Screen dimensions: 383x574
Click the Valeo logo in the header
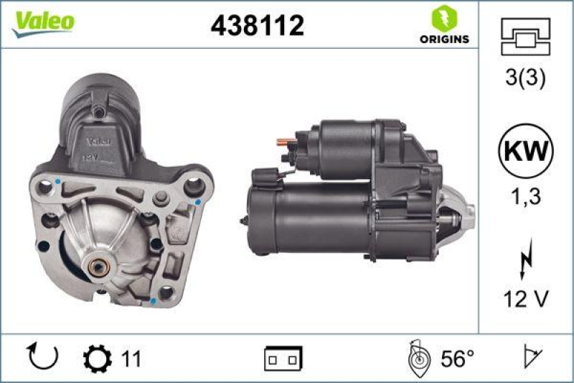pos(41,22)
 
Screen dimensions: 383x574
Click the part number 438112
pos(258,26)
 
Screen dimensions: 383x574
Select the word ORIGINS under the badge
pos(445,39)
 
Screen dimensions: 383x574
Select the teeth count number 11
pos(131,357)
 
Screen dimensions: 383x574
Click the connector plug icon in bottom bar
pos(283,357)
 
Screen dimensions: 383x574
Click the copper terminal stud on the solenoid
pos(285,140)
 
